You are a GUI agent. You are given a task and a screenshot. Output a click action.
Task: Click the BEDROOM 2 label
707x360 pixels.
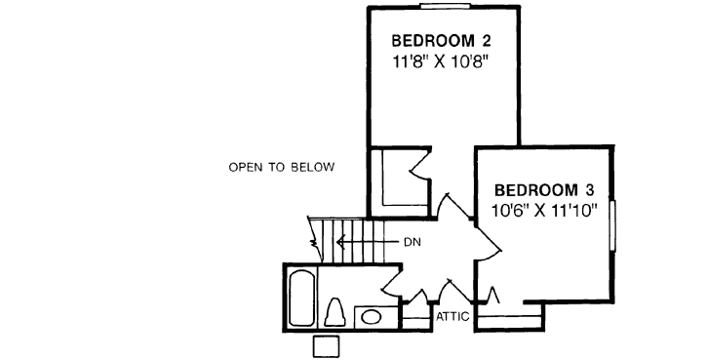click(x=440, y=42)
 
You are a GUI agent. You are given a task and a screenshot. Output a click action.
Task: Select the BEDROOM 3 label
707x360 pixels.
click(x=544, y=189)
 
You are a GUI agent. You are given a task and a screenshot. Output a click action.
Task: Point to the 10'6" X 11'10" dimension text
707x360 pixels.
click(x=544, y=209)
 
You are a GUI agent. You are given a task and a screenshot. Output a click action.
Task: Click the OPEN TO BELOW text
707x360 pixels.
click(x=282, y=167)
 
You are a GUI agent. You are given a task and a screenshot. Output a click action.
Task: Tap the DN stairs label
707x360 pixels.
click(x=411, y=242)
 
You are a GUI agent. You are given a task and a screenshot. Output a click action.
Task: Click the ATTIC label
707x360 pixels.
click(x=453, y=316)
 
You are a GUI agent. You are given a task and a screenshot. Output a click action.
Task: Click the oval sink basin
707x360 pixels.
click(x=371, y=315)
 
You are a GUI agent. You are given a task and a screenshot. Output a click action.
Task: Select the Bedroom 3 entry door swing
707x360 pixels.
click(x=488, y=251)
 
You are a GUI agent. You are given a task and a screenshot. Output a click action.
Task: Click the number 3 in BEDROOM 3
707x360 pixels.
click(x=587, y=189)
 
